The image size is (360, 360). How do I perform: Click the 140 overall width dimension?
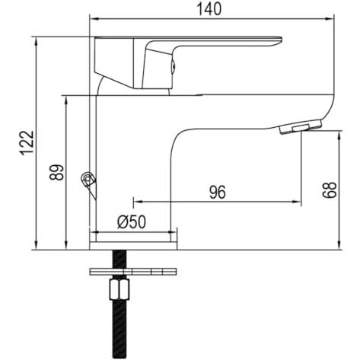pos(209,9)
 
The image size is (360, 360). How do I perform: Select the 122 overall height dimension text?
pos(27,143)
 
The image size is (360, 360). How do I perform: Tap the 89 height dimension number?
pos(56,172)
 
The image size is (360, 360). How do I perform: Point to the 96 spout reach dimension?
pos(218,193)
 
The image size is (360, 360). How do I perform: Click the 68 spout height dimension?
pos(330,190)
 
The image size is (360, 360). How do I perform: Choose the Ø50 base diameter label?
pos(132,222)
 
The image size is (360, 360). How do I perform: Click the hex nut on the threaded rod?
pos(119,289)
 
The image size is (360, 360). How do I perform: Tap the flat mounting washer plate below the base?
pos(133,272)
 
